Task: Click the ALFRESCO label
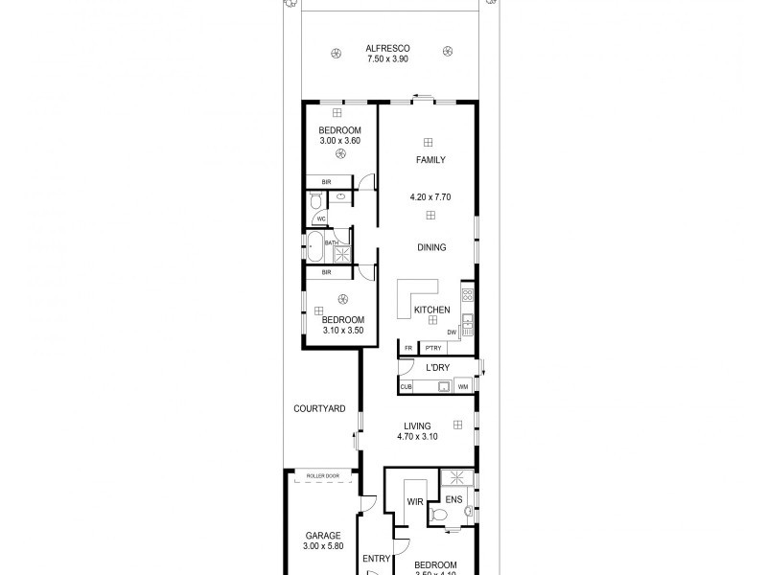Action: (x=386, y=48)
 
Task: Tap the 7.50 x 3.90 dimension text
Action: (x=386, y=59)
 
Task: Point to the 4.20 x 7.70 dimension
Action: (x=430, y=197)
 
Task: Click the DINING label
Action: (x=431, y=247)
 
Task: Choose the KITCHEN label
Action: (x=431, y=310)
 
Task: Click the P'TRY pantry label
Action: (x=432, y=348)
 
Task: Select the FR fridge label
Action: (x=408, y=348)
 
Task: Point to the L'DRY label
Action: (x=437, y=368)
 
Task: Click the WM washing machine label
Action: (x=463, y=387)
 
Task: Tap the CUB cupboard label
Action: (x=407, y=387)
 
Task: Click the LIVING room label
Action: (x=417, y=425)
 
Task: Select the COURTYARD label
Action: (x=319, y=408)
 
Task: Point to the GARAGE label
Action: (x=323, y=536)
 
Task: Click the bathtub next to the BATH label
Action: (x=314, y=246)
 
